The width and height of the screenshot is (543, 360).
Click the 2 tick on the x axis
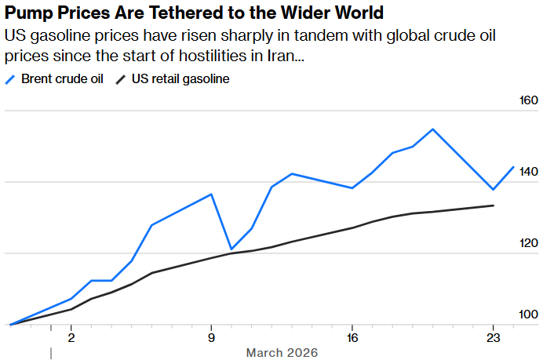pyautogui.click(x=71, y=339)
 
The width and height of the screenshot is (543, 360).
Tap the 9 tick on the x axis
pyautogui.click(x=211, y=339)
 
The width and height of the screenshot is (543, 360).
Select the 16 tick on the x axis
pyautogui.click(x=352, y=339)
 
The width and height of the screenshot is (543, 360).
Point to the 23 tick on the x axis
pyautogui.click(x=492, y=339)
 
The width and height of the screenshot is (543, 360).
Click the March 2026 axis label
pyautogui.click(x=282, y=353)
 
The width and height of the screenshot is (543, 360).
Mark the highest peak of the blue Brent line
pyautogui.click(x=432, y=129)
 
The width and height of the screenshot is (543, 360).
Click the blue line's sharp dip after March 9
pyautogui.click(x=231, y=249)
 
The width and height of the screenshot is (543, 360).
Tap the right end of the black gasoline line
pyautogui.click(x=493, y=205)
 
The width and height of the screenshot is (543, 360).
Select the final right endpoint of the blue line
pyautogui.click(x=513, y=166)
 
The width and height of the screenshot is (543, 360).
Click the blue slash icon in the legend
pyautogui.click(x=10, y=79)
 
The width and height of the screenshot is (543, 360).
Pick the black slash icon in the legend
pyautogui.click(x=121, y=79)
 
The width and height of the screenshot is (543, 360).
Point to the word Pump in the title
pyautogui.click(x=31, y=13)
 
